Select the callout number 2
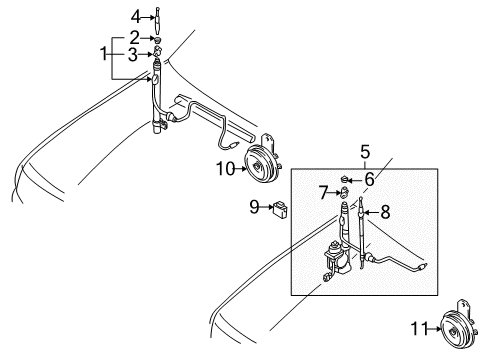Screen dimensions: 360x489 (x=134, y=37)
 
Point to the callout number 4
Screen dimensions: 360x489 (x=134, y=15)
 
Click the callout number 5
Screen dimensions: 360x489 (x=364, y=152)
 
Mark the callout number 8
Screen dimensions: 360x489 (x=386, y=213)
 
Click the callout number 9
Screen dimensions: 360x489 (x=255, y=208)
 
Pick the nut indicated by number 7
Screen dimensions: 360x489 (x=341, y=192)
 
